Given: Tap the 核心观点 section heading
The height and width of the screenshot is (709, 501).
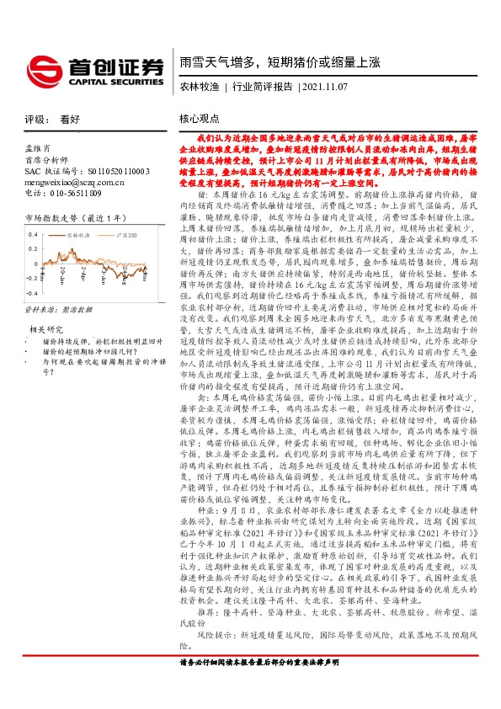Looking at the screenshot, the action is coord(200,120).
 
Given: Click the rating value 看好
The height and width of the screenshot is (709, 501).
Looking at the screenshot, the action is coord(70,120).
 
